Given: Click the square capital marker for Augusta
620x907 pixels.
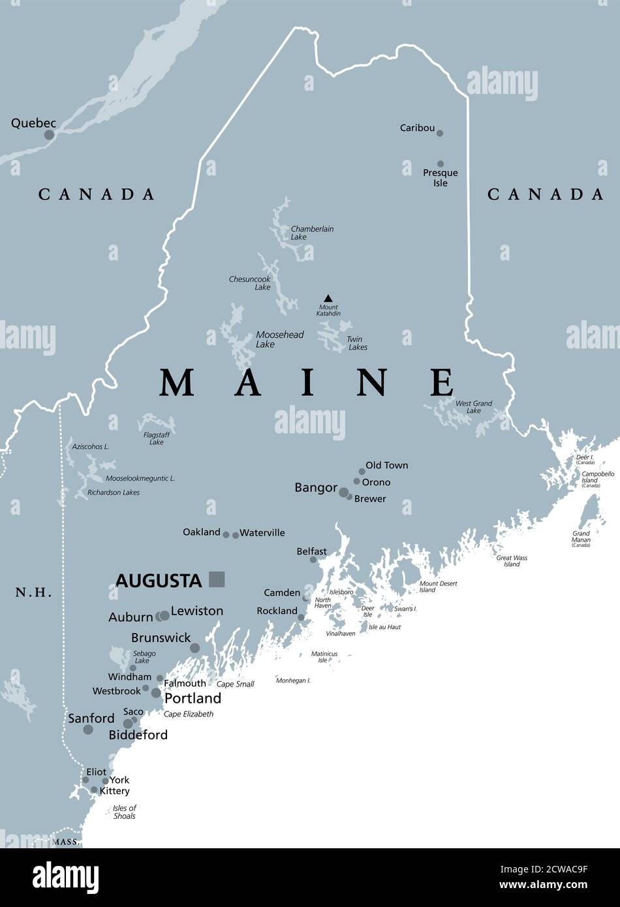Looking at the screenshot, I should pos(217,579).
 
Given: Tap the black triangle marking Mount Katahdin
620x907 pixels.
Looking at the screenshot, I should pos(328,298).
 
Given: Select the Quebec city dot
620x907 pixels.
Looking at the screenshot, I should pos(49,135).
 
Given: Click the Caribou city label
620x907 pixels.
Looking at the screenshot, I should pos(417,128).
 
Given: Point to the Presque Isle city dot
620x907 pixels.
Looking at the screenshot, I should pos(441,164).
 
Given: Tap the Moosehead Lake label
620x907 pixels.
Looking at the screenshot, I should pos(279,339).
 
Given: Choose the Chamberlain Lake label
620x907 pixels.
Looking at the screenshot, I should pos(312,233).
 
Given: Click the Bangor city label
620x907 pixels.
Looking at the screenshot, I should pos(316,487).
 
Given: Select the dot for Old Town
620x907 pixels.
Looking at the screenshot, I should pos(362,471).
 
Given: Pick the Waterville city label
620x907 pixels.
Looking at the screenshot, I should pos(262,532).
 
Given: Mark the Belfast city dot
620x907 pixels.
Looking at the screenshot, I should pos(313,560).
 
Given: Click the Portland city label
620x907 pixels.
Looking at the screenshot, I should pos(193,698).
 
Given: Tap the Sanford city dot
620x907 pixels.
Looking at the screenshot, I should pos(88,730).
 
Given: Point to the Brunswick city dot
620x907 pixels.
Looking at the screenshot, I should pos(194,648).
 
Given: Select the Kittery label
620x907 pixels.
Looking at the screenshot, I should pos(114,791).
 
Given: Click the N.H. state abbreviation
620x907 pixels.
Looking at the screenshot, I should pos(34,592).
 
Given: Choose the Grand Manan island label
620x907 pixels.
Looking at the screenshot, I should pos(581,539).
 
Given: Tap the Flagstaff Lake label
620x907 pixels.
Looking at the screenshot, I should pos(157,438).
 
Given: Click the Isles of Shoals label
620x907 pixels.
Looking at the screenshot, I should pos(124,812).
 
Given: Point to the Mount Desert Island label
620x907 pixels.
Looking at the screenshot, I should pos(437,587).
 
